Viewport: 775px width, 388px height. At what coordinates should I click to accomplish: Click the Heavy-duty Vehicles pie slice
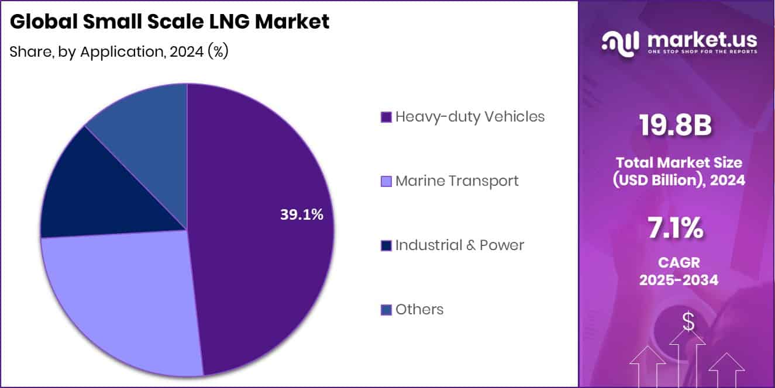[x=263, y=263]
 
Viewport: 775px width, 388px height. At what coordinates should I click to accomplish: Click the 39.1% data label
[x=301, y=215]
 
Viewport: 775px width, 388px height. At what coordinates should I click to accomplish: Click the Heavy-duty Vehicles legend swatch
[x=385, y=117]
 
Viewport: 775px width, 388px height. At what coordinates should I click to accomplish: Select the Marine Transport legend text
[x=457, y=181]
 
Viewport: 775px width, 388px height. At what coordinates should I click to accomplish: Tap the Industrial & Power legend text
[x=460, y=245]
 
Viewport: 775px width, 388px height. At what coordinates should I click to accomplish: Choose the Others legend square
[x=385, y=310]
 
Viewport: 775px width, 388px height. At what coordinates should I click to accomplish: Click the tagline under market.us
[x=702, y=52]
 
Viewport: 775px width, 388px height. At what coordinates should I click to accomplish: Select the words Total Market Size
[x=678, y=162]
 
